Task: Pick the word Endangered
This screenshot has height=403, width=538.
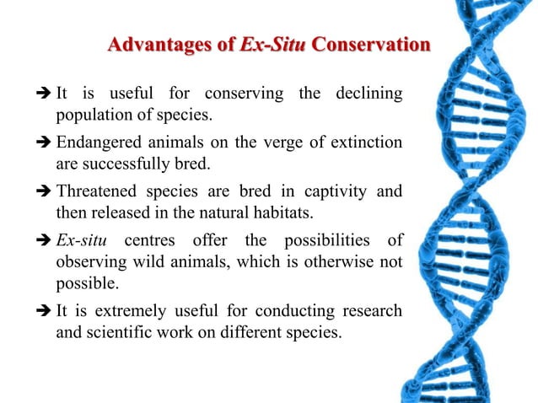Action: click(97, 142)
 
